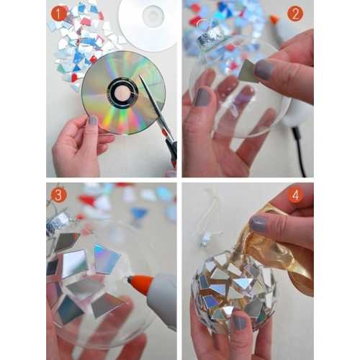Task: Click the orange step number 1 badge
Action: (59, 14)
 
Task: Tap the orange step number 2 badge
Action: (295, 14)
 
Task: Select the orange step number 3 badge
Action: (58, 195)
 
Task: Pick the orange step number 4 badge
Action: (295, 196)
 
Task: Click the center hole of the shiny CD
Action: (122, 92)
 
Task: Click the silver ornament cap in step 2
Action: (209, 35)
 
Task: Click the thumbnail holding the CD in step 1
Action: (93, 120)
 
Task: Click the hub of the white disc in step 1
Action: (153, 14)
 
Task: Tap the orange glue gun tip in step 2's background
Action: (274, 19)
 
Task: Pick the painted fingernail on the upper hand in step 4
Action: (258, 224)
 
